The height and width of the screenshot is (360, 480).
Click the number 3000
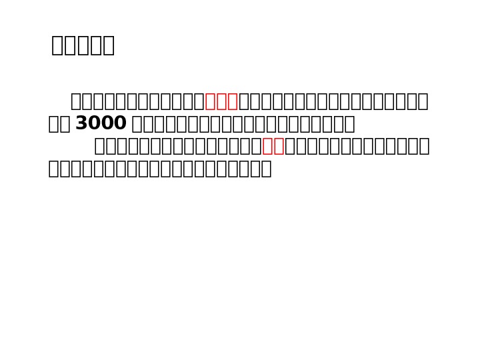(101, 123)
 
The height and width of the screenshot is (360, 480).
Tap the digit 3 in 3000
(81, 123)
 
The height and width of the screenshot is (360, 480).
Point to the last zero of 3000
(120, 123)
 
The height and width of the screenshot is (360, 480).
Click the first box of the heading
(57, 45)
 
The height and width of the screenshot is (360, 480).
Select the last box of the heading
(108, 45)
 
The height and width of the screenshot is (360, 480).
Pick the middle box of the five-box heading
(83, 45)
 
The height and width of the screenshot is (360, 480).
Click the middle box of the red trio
(221, 101)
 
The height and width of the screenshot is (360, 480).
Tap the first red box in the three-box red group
(211, 101)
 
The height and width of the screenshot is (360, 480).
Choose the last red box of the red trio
(233, 101)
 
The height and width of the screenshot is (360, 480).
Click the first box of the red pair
(268, 146)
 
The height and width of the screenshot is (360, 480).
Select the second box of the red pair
(279, 146)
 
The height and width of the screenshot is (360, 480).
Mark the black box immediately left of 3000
(65, 124)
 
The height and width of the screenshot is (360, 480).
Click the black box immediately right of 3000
(137, 124)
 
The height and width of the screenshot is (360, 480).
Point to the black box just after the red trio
(244, 101)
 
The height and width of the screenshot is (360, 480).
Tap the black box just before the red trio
(199, 101)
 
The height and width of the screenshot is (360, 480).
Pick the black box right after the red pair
(291, 146)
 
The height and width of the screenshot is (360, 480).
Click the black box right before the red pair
(257, 146)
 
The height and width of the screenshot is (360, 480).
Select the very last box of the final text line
(266, 169)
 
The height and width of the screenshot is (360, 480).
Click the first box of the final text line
(54, 169)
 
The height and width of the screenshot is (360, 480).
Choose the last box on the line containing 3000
(349, 124)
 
